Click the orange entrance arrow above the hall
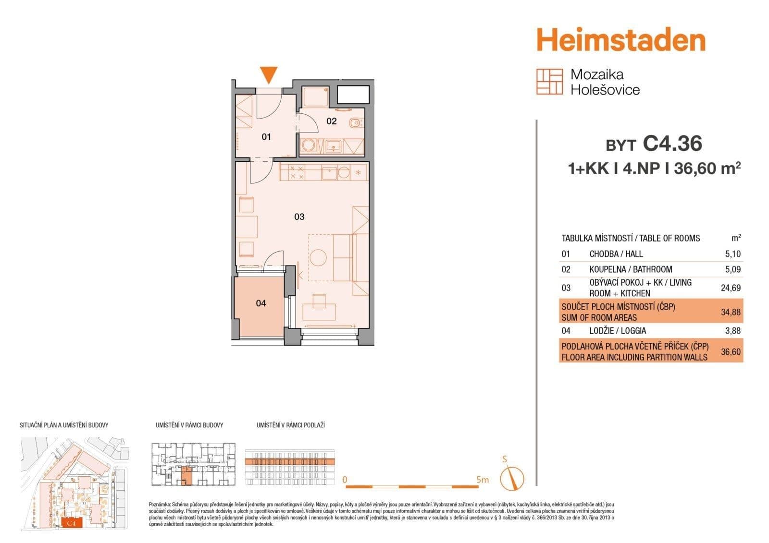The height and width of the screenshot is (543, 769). point(269,75)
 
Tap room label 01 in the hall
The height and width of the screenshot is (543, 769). point(266,137)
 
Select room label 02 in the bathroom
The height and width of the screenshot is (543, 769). point(332,121)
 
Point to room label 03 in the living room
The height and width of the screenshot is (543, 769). point(299,217)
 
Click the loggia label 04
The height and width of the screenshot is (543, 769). point(261,303)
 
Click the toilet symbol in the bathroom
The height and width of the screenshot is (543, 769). point(355,123)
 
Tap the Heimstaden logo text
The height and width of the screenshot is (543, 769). point(621,40)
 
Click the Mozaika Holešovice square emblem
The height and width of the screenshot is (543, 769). point(549,82)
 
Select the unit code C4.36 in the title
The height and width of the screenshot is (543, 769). point(672,144)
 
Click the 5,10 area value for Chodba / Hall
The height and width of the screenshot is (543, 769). point(732,254)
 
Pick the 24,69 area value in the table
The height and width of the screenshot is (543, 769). point(731,288)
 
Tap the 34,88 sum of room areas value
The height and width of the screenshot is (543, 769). point(731,312)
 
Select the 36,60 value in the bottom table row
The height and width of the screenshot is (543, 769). point(731,352)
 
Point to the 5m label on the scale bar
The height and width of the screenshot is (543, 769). point(482,480)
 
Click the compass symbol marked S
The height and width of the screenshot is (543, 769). point(511,478)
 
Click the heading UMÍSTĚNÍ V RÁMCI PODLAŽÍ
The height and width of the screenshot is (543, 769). point(291,425)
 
